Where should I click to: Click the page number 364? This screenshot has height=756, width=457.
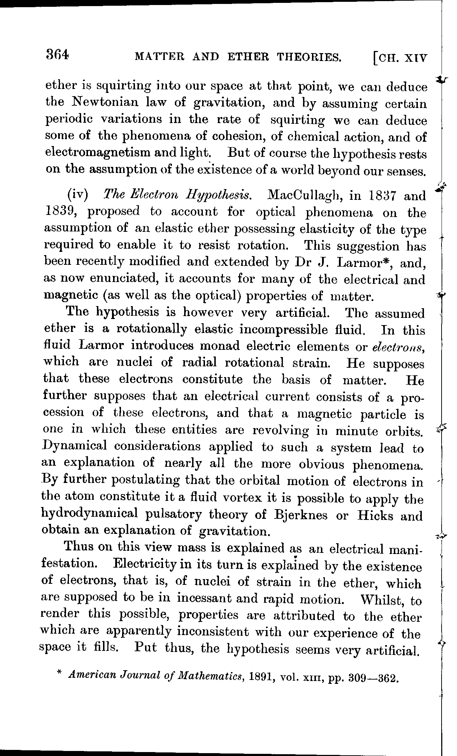57,55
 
